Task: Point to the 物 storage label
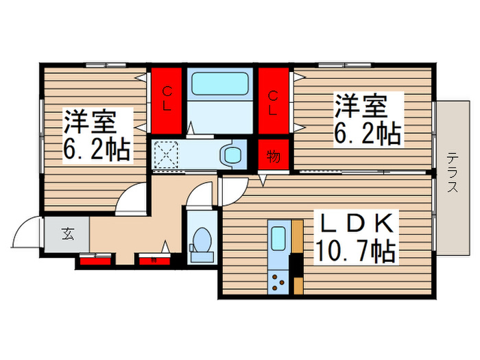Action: pos(273,156)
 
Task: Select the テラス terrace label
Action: pos(452,174)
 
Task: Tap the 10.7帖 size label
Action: pos(354,252)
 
